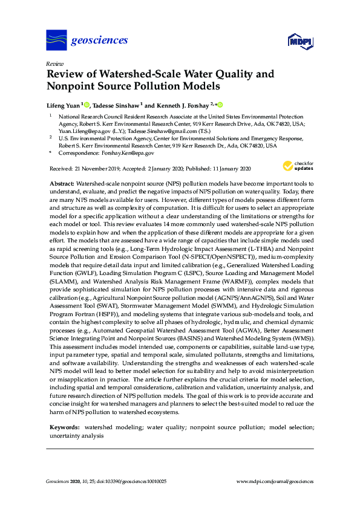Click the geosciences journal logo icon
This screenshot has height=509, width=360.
[x=56, y=41]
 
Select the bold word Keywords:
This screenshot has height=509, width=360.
[x=65, y=427]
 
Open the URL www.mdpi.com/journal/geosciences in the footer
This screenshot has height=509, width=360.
[x=275, y=482]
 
